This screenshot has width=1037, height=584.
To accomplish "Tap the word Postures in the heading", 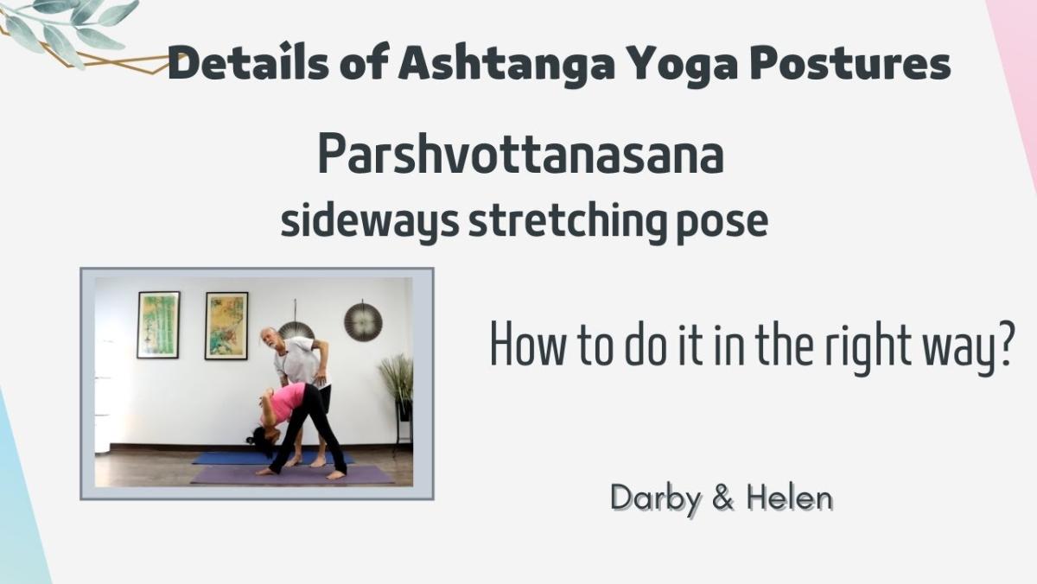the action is tap(847, 63).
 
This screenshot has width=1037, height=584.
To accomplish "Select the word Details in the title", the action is tap(249, 63).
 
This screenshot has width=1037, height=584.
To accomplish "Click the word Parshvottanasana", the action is tap(520, 154).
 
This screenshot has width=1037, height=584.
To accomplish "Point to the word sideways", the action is tap(370, 221).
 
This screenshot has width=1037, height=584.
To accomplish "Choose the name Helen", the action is tap(790, 498).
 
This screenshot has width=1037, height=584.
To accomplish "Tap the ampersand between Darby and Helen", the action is tap(723, 498).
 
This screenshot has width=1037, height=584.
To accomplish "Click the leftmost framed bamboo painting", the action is tap(158, 324).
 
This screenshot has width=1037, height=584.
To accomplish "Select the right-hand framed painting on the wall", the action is tap(226, 326).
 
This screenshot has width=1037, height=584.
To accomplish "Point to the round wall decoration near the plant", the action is tap(363, 321).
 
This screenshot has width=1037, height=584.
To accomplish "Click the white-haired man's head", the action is tap(270, 340).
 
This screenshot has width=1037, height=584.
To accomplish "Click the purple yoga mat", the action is tap(292, 475).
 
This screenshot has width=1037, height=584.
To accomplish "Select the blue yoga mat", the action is tap(273, 458).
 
